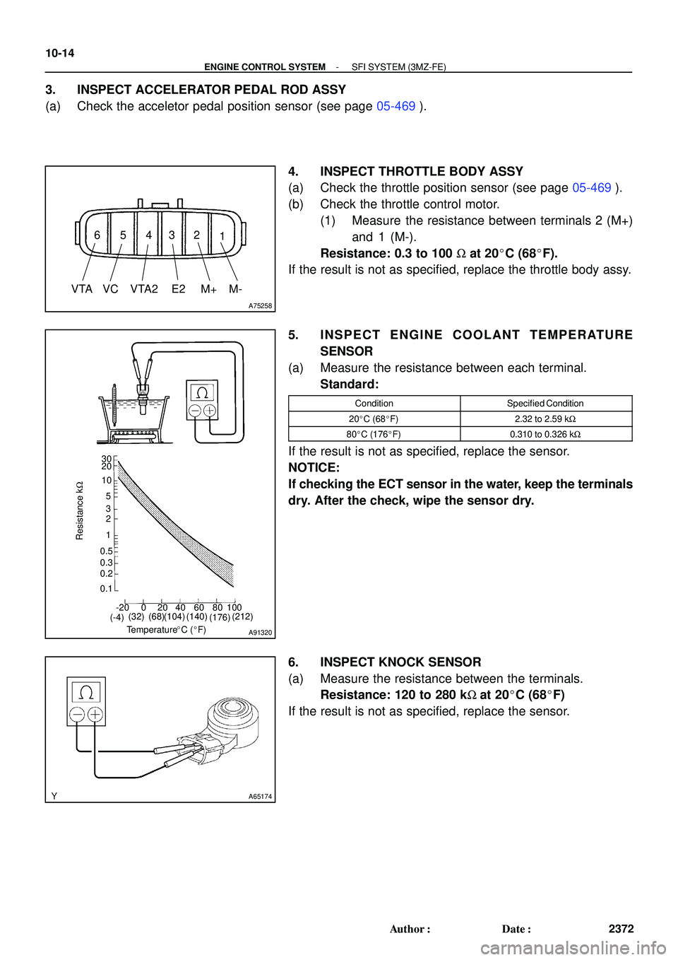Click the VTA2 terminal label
pos(144,289)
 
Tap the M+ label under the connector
pos(208,289)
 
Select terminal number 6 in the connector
pos(97,235)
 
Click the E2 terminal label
pos(178,289)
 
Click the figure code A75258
pos(260,305)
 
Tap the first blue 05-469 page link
pos(395,107)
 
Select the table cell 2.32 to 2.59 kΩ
pos(545,419)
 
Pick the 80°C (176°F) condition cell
pos(374,435)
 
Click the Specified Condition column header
pos(545,404)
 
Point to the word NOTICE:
pos(314,468)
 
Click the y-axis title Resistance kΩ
pos(80,510)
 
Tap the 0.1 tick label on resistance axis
pos(106,589)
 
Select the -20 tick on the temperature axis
pos(123,607)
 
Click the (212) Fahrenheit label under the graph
pos(242,616)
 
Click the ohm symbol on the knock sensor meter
pos(86,692)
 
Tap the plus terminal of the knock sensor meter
pos(95,715)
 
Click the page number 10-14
pos(60,53)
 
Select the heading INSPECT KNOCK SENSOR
pos(400,662)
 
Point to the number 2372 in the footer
pos(621,929)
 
